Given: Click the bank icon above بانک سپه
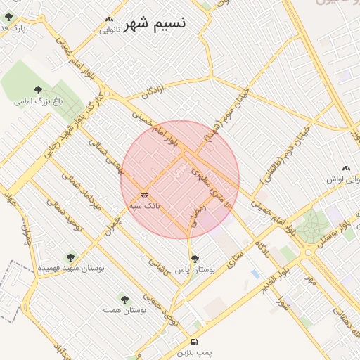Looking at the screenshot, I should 144,195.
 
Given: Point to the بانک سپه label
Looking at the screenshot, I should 145,206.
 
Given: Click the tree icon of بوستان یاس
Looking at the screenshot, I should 195,258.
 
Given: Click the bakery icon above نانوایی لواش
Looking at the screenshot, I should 346,168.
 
